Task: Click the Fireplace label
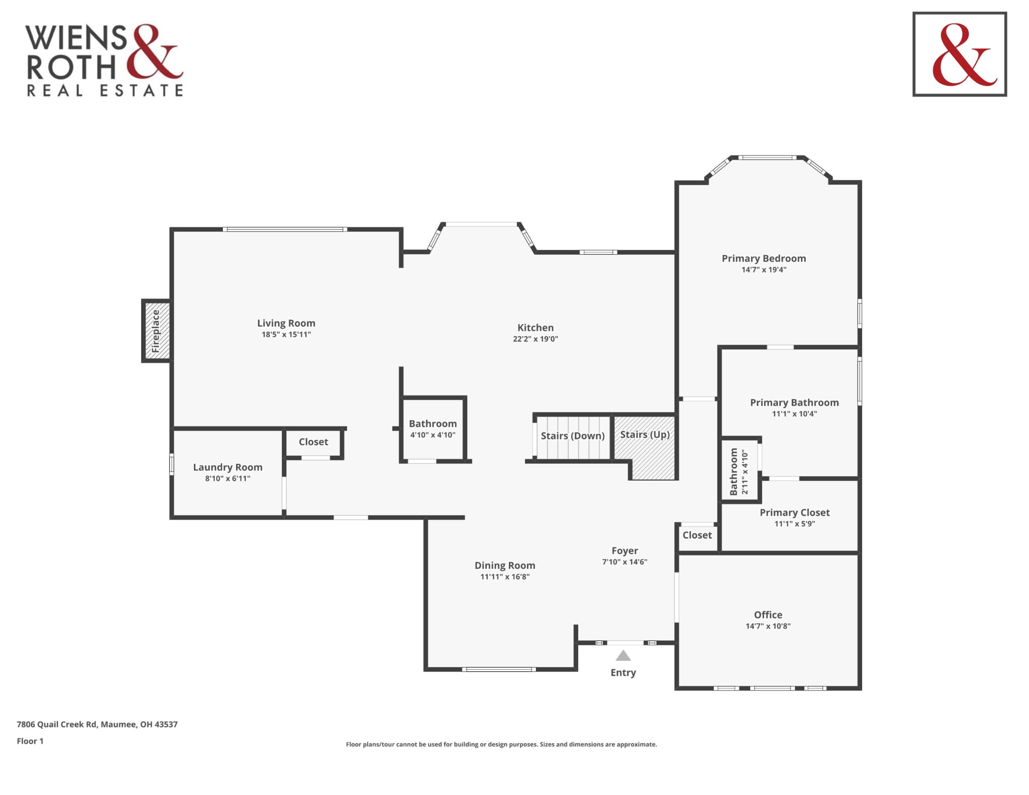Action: [156, 331]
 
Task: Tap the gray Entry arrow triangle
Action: [623, 656]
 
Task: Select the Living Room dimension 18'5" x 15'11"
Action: [286, 334]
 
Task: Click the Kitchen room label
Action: [535, 327]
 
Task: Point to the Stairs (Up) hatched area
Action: [645, 448]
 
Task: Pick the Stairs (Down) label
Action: [572, 436]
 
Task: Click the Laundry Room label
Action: [228, 467]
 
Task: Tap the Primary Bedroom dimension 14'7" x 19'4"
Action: [764, 269]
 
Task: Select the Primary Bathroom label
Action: [794, 402]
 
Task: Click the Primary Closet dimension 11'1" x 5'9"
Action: [794, 523]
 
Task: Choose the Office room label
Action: [768, 614]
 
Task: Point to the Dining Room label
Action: [505, 565]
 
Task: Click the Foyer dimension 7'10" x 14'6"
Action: [624, 561]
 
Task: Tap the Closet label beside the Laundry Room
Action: [313, 442]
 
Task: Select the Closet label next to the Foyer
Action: [697, 535]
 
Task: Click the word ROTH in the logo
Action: [71, 67]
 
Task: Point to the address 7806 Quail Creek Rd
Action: [57, 724]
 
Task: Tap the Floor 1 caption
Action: [30, 741]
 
